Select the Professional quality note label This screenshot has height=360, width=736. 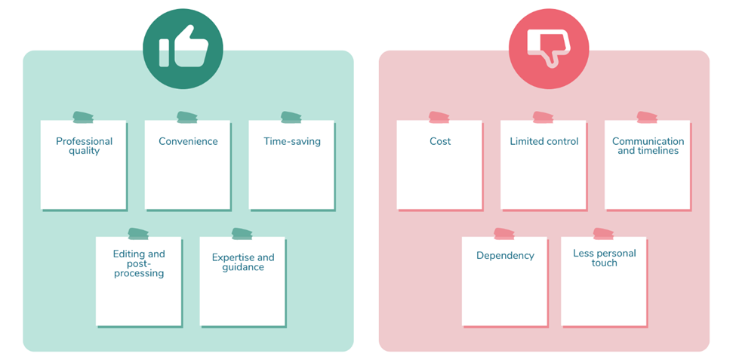84,146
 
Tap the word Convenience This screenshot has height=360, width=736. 188,141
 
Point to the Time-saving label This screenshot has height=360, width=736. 292,141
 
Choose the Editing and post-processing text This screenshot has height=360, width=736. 139,263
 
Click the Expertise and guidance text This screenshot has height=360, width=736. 242,263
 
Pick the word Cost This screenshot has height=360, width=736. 440,141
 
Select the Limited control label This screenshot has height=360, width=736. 544,141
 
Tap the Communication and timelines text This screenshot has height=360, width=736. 648,146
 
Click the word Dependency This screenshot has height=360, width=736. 505,255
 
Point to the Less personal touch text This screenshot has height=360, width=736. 604,257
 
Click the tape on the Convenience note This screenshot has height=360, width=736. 187,117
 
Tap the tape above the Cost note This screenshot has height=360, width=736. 439,117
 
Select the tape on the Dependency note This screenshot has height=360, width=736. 504,234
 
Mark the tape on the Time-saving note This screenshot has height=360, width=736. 291,117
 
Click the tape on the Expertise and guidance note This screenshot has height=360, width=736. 242,234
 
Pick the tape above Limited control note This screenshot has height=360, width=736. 544,117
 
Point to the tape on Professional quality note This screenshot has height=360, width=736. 84,117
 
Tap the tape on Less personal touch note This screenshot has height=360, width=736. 604,234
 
